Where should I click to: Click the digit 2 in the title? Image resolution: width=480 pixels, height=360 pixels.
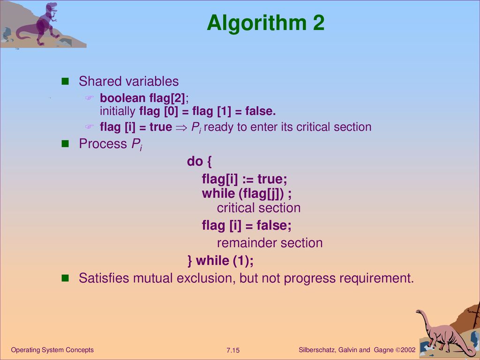(318, 23)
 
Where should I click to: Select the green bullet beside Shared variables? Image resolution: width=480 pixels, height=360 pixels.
(65, 81)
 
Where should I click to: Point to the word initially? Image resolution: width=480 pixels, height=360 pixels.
(118, 111)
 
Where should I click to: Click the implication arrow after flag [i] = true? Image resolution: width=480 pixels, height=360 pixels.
(181, 127)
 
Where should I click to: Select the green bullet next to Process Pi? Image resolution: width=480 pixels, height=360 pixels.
(65, 143)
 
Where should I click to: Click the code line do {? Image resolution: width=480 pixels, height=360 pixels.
(199, 161)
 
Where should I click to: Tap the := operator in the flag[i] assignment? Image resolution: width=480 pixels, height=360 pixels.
(247, 180)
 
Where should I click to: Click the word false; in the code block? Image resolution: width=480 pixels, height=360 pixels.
(274, 225)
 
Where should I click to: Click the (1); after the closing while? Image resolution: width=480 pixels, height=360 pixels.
(243, 261)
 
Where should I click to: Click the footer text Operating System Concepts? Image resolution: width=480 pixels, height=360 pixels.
(52, 350)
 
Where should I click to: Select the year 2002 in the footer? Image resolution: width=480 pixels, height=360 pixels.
(408, 350)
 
